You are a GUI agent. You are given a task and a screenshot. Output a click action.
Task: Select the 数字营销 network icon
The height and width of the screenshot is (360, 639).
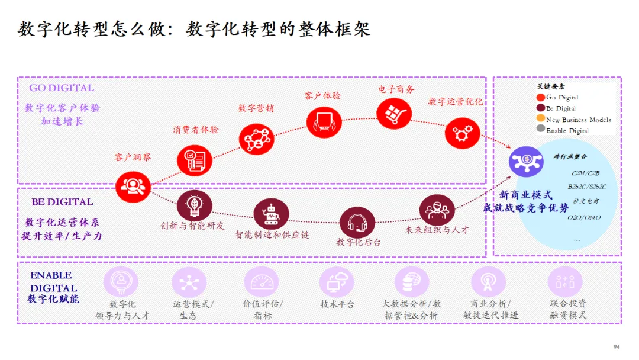tap(256, 139)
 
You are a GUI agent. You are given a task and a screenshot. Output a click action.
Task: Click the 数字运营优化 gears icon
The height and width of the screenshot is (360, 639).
tap(462, 134)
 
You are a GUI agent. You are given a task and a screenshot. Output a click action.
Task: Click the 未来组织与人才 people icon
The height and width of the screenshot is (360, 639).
tap(437, 210)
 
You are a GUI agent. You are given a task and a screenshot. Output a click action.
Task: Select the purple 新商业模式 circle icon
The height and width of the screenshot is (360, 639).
tap(525, 162)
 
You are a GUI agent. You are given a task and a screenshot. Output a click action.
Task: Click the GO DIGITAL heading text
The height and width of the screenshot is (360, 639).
tap(62, 88)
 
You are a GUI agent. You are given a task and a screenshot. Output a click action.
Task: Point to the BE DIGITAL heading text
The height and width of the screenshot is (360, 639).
tap(62, 202)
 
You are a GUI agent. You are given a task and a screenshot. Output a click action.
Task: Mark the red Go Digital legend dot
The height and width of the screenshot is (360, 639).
tap(540, 97)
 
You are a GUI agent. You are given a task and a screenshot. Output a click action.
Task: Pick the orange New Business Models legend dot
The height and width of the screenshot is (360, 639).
tap(540, 119)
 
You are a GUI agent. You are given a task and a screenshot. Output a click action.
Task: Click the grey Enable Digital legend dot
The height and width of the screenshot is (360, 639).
tap(540, 130)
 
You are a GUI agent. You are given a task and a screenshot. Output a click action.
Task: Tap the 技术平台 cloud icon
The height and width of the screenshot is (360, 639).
tap(337, 282)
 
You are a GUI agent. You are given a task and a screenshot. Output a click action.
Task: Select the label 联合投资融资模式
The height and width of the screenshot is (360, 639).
tap(567, 309)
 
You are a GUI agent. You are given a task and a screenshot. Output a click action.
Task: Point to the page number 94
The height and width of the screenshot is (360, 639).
tap(616, 347)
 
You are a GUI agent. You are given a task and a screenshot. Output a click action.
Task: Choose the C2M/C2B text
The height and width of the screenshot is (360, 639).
tap(585, 173)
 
